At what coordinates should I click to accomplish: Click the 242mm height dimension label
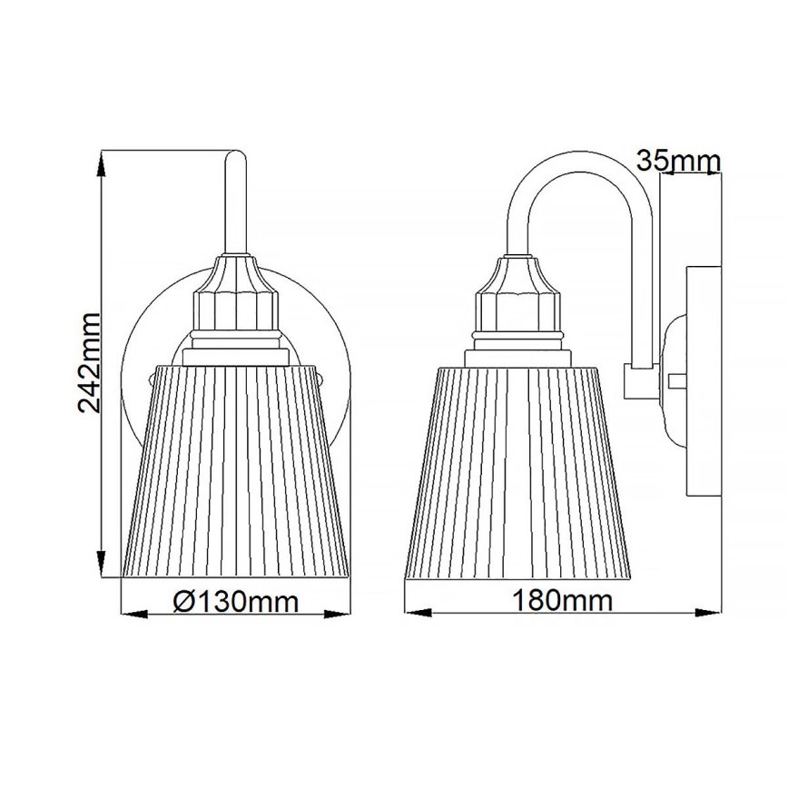(89, 361)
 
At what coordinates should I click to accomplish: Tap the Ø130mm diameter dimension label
(235, 600)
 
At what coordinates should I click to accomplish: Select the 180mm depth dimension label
(562, 600)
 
